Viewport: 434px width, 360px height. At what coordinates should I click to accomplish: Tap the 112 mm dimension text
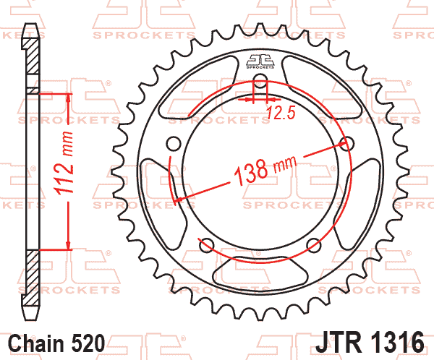coord(64,163)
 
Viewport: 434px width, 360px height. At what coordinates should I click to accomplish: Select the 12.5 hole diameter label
coord(281,113)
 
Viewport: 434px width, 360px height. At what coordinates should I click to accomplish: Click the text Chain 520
coord(56,343)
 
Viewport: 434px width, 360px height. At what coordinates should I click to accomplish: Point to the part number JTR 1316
coord(370,343)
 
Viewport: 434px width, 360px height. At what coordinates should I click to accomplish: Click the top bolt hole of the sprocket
coord(260,81)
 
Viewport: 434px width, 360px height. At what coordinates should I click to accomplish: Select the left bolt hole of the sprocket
coord(174,144)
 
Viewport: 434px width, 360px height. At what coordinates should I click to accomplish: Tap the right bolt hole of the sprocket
coord(346,144)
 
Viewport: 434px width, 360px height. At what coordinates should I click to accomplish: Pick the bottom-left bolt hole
coord(207,245)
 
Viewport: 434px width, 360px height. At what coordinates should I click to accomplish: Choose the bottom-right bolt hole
coord(314,245)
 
